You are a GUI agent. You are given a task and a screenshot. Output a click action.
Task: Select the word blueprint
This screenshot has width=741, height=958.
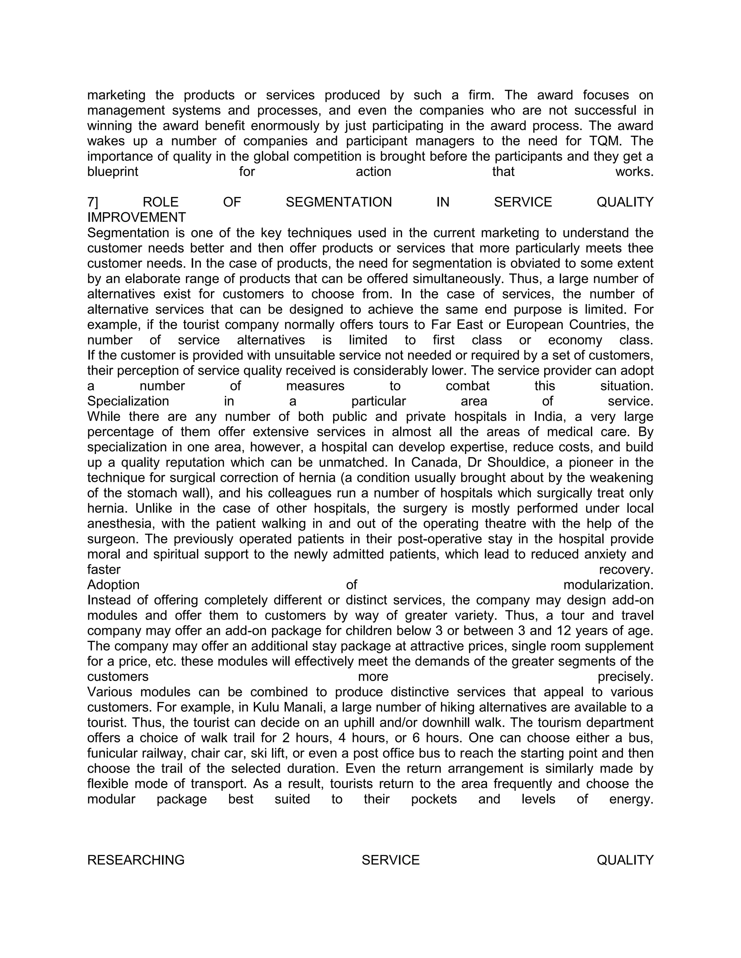(x=113, y=172)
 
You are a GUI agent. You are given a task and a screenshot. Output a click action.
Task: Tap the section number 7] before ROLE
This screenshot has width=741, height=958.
(x=93, y=202)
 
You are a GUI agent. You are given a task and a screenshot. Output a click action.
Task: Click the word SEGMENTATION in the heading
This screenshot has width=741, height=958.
(x=338, y=202)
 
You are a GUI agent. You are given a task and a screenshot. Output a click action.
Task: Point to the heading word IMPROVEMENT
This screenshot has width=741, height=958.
(x=136, y=218)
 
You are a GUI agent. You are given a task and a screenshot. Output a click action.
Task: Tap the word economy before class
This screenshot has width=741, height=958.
(x=575, y=341)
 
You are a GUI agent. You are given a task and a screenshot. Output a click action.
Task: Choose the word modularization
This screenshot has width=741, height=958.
(x=608, y=585)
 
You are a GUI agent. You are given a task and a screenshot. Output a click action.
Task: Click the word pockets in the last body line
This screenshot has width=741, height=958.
(x=434, y=800)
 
